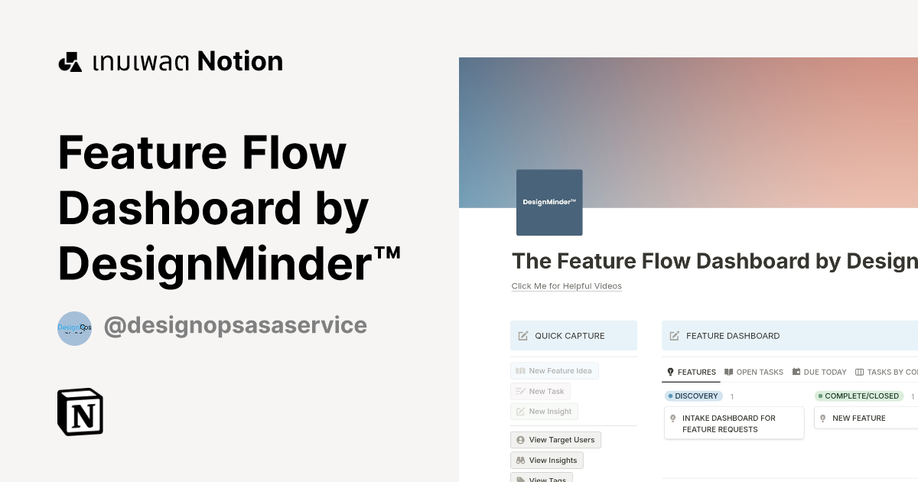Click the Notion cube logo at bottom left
pyautogui.click(x=80, y=412)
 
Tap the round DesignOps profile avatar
pyautogui.click(x=75, y=328)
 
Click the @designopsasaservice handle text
pyautogui.click(x=235, y=326)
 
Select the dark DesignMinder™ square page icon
pyautogui.click(x=549, y=203)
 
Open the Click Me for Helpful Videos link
pyautogui.click(x=566, y=286)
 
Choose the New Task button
pyautogui.click(x=540, y=391)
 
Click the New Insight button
pyautogui.click(x=544, y=412)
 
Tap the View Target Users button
pyautogui.click(x=555, y=440)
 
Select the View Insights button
pyautogui.click(x=546, y=460)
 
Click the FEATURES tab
pyautogui.click(x=692, y=372)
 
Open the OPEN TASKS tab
pyautogui.click(x=754, y=372)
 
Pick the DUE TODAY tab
pyautogui.click(x=819, y=372)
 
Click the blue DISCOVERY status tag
pyautogui.click(x=694, y=396)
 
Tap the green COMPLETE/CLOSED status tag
pyautogui.click(x=858, y=396)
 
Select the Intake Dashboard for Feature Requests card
pyautogui.click(x=734, y=423)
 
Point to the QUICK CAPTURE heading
pyautogui.click(x=569, y=336)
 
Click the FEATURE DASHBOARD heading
pyautogui.click(x=732, y=336)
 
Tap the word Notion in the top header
pyautogui.click(x=240, y=61)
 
